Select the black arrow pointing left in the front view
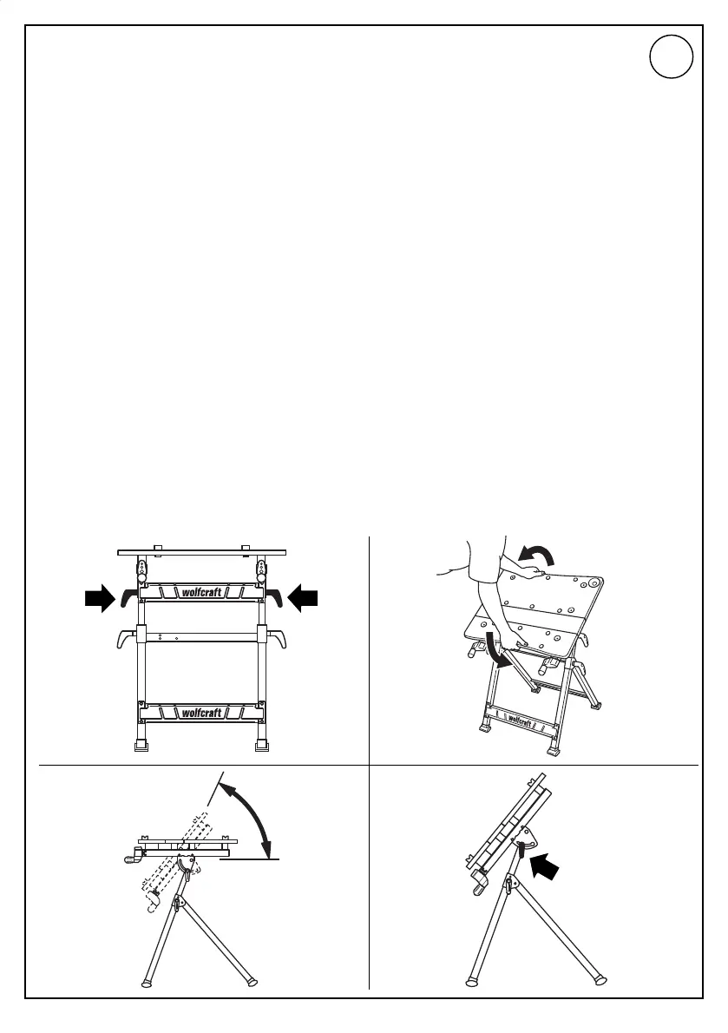click(x=304, y=596)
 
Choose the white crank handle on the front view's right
click(x=278, y=639)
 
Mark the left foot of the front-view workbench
click(x=139, y=744)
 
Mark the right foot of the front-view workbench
click(x=262, y=744)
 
